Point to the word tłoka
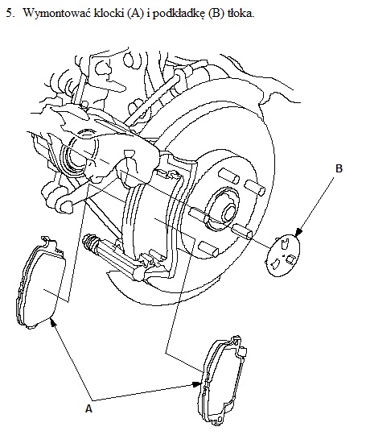[x=241, y=13]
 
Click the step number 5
[x=10, y=14]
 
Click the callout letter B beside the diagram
[x=339, y=168]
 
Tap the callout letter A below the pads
[x=88, y=408]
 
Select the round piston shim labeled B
[x=283, y=255]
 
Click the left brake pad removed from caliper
[x=42, y=283]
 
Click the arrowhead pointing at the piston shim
[x=298, y=233]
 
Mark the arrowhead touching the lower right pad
[x=197, y=384]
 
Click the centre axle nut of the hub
[x=229, y=213]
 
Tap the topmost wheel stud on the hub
[x=229, y=176]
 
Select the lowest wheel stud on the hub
[x=208, y=248]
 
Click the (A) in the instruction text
[x=135, y=14]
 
